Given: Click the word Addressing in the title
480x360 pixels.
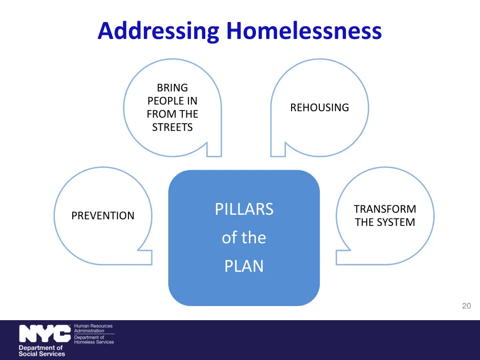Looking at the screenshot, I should [158, 31].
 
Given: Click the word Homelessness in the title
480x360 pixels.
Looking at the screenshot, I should [304, 31].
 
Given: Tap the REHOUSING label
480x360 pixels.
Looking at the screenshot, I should [319, 107].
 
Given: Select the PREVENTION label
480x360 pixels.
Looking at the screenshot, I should [103, 216].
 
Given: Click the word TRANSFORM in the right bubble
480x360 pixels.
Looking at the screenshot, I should [385, 209].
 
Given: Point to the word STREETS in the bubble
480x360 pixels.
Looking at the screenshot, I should [172, 127].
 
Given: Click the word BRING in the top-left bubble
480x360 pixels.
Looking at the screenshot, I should [172, 88].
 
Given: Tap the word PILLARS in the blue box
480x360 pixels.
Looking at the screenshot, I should [244, 209].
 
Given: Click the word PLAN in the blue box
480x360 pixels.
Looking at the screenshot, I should [244, 266].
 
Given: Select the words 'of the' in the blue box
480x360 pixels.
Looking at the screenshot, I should [244, 238].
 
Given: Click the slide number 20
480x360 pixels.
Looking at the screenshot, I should [466, 306].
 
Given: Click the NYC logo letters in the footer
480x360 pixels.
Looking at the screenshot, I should [45, 334].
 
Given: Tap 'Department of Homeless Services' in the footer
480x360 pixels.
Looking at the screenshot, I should [94, 339].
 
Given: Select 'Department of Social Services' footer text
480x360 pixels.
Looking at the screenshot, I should [41, 351].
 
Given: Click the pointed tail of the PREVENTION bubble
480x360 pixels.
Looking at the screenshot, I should [145, 258].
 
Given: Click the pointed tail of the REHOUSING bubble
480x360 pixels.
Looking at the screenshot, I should [278, 150].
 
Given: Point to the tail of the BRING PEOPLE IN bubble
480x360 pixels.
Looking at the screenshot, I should [214, 150].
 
